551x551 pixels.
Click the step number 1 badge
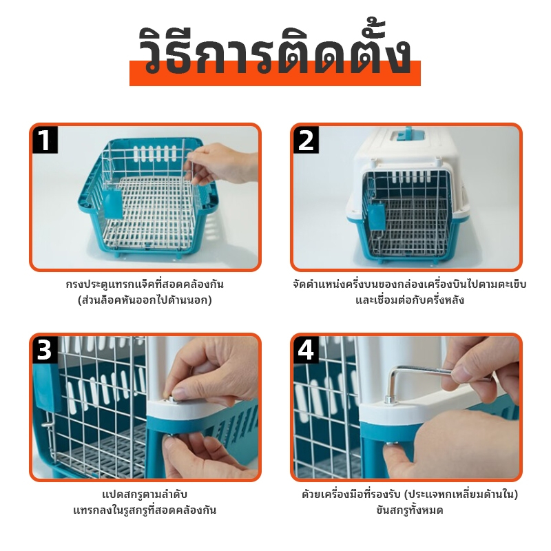[45, 141]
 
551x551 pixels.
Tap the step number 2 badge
[306, 141]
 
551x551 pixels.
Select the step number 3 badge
[44, 351]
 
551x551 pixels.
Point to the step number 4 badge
[306, 351]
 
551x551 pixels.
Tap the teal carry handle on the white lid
[404, 136]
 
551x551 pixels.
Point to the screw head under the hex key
[389, 400]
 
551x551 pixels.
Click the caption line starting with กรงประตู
[145, 284]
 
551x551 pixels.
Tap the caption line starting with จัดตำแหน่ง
[409, 284]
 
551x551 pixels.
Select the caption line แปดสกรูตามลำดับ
[145, 495]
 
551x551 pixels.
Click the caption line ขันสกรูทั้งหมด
[409, 510]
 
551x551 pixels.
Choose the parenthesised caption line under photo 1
[145, 300]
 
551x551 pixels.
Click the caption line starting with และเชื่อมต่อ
[409, 300]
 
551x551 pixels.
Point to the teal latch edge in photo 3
[45, 388]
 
